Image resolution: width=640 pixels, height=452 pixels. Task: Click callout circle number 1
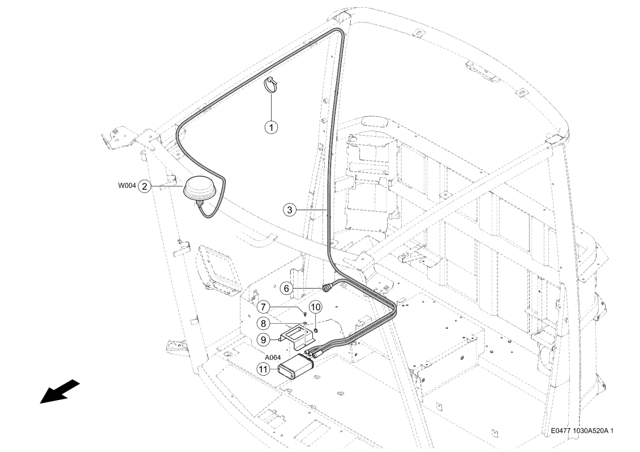[x=272, y=127]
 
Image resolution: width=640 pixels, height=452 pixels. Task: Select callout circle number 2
[x=144, y=186]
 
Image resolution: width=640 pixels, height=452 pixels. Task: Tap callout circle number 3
[x=289, y=210]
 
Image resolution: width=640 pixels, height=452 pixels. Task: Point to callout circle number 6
[x=286, y=289]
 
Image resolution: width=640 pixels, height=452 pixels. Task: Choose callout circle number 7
[x=263, y=306]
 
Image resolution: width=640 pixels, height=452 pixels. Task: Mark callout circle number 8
[x=263, y=324]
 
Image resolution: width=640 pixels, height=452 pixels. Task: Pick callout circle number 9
[x=263, y=339]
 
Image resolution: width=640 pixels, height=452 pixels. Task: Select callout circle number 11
[x=263, y=370]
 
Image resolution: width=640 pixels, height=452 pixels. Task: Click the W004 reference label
[x=127, y=186]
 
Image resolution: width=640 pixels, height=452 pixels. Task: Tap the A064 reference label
[x=273, y=358]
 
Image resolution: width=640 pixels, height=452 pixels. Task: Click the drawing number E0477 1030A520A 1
[x=582, y=431]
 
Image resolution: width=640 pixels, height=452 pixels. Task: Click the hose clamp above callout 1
[x=270, y=84]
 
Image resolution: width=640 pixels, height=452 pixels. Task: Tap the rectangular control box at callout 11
[x=295, y=367]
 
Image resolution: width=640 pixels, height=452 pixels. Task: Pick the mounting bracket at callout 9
[x=297, y=336]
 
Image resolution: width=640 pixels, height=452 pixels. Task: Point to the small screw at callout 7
[x=305, y=313]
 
